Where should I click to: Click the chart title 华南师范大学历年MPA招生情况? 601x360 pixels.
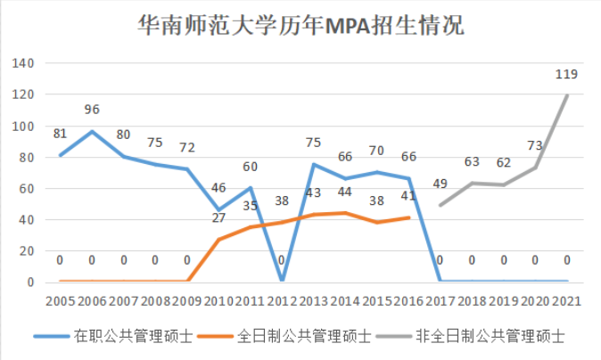(x=300, y=24)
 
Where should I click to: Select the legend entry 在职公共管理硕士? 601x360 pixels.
(x=113, y=336)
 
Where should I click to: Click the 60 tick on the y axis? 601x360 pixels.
(x=25, y=189)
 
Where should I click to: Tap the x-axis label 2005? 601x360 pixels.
(x=60, y=300)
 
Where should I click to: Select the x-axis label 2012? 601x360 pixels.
(x=281, y=300)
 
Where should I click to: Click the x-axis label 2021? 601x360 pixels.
(x=566, y=300)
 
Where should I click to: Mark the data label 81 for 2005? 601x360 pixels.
(x=60, y=135)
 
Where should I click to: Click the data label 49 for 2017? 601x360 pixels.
(x=440, y=184)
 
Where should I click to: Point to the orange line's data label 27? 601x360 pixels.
(x=218, y=218)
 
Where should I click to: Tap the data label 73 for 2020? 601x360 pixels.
(x=535, y=146)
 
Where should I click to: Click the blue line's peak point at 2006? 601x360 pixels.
(x=91, y=132)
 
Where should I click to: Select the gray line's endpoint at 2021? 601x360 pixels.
(x=567, y=95)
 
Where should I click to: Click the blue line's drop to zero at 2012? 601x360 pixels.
(x=281, y=282)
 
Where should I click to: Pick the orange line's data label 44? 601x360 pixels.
(x=345, y=192)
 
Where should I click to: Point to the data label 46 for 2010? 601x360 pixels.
(x=218, y=189)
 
